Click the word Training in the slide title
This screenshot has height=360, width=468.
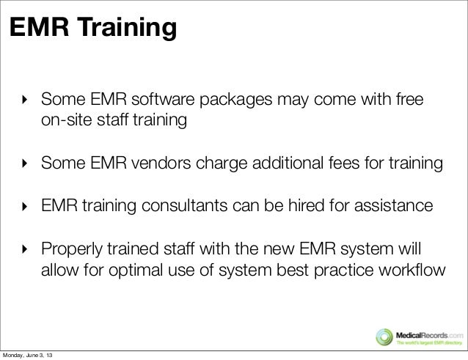(130, 29)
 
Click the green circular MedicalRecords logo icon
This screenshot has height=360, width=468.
(383, 334)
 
